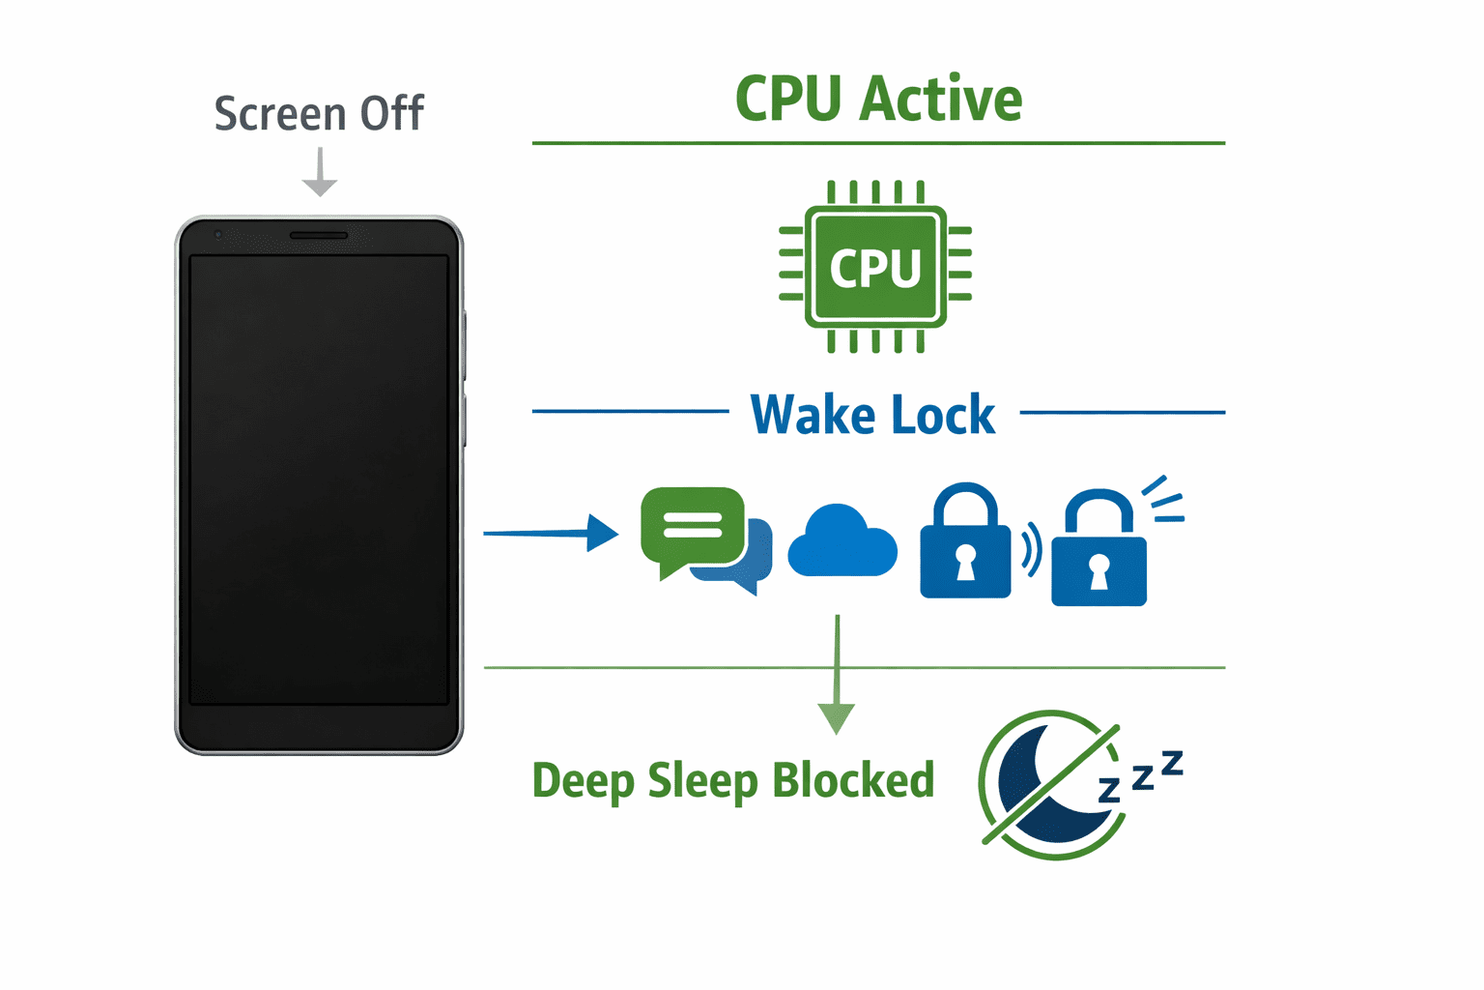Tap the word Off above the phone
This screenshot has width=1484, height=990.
(391, 114)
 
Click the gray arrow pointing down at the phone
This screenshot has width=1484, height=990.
(320, 174)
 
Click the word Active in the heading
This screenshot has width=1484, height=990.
(941, 100)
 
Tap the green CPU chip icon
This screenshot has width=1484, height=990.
(875, 266)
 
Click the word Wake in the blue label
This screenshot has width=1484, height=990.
(813, 415)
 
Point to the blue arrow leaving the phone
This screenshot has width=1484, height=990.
(551, 533)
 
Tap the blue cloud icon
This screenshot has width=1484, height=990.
(842, 543)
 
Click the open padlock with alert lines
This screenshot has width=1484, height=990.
(1099, 551)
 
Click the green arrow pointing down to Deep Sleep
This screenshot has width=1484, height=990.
(837, 677)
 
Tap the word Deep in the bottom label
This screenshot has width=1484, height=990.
(583, 781)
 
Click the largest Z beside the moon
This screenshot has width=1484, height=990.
(1172, 764)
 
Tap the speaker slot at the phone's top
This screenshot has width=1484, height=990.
(319, 235)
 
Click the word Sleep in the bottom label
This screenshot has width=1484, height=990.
(702, 781)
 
